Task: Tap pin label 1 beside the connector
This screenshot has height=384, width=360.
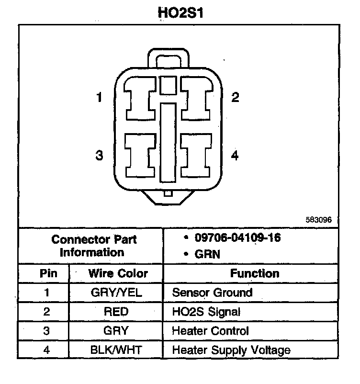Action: click(99, 98)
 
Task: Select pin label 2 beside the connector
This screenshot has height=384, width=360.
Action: click(235, 98)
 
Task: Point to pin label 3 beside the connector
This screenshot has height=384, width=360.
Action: click(99, 156)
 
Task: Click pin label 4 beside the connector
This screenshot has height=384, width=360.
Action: click(235, 156)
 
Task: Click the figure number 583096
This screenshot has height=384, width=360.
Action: click(318, 221)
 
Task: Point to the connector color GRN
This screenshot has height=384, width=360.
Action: click(207, 254)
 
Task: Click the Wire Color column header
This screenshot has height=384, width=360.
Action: click(118, 274)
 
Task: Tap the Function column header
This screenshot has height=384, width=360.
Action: click(255, 273)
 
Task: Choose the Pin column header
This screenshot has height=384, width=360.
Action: click(47, 274)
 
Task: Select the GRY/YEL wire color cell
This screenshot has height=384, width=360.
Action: click(116, 293)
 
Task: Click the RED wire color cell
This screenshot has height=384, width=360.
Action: click(116, 312)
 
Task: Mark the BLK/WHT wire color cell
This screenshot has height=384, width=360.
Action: click(116, 350)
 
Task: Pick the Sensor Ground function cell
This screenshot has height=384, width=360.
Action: click(212, 293)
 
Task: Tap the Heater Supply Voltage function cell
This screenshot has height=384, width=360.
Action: click(231, 350)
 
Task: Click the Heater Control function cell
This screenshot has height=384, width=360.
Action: click(211, 331)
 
